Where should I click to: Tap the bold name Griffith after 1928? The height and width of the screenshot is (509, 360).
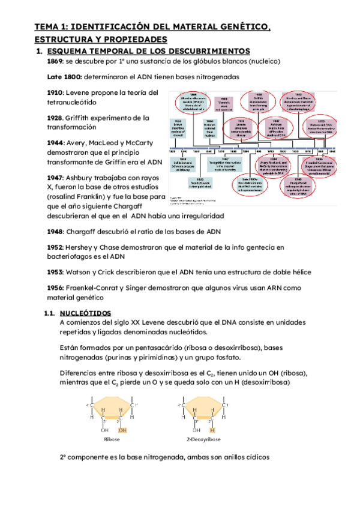pyautogui.click(x=86, y=118)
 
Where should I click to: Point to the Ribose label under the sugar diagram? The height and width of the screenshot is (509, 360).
pyautogui.click(x=113, y=439)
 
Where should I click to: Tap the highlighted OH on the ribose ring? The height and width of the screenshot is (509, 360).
pyautogui.click(x=123, y=430)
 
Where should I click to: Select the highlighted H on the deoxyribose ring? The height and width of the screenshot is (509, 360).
pyautogui.click(x=212, y=430)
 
